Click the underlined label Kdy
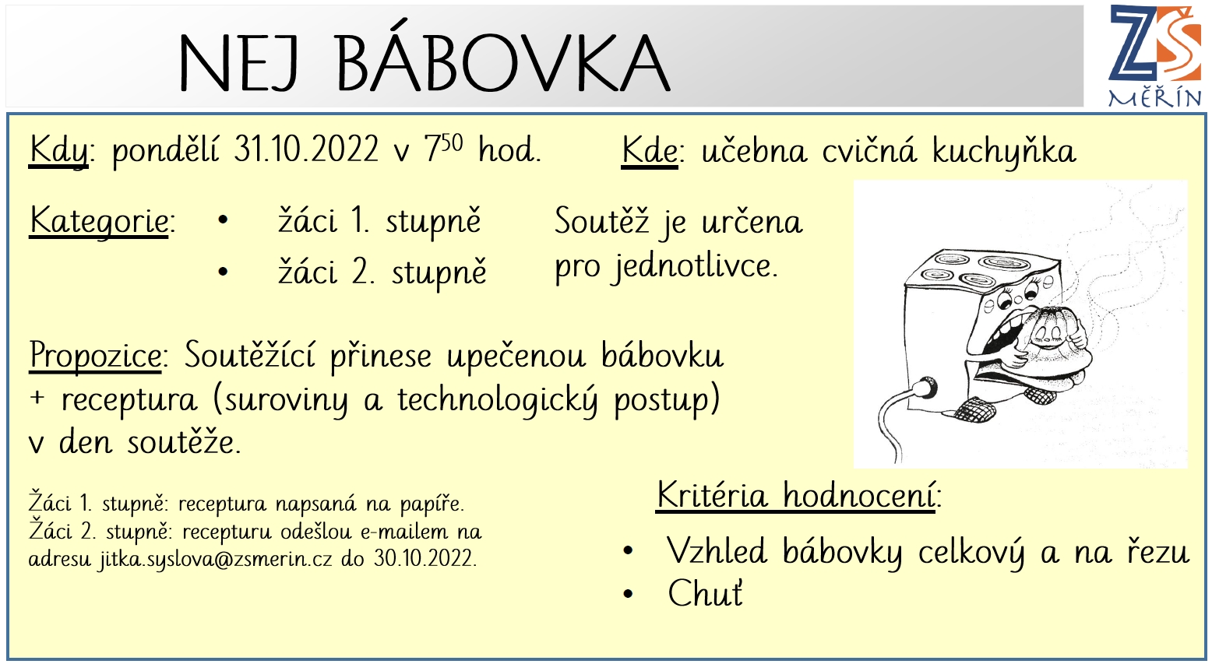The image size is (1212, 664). tap(58, 151)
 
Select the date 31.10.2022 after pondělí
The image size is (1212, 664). tap(305, 149)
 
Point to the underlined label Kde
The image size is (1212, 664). tap(650, 150)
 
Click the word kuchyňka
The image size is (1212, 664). tap(1004, 152)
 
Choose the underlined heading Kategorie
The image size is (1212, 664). tap(99, 222)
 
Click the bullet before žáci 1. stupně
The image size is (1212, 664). tap(223, 220)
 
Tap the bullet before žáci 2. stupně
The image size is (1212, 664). tap(223, 271)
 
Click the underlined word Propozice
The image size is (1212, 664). tap(95, 356)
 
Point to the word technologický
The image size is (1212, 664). tap(498, 401)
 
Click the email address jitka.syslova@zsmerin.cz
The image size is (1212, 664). tap(215, 559)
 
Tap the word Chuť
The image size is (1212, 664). tap(706, 594)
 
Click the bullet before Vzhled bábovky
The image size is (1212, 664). tap(628, 551)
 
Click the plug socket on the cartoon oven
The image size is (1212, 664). tap(926, 388)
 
